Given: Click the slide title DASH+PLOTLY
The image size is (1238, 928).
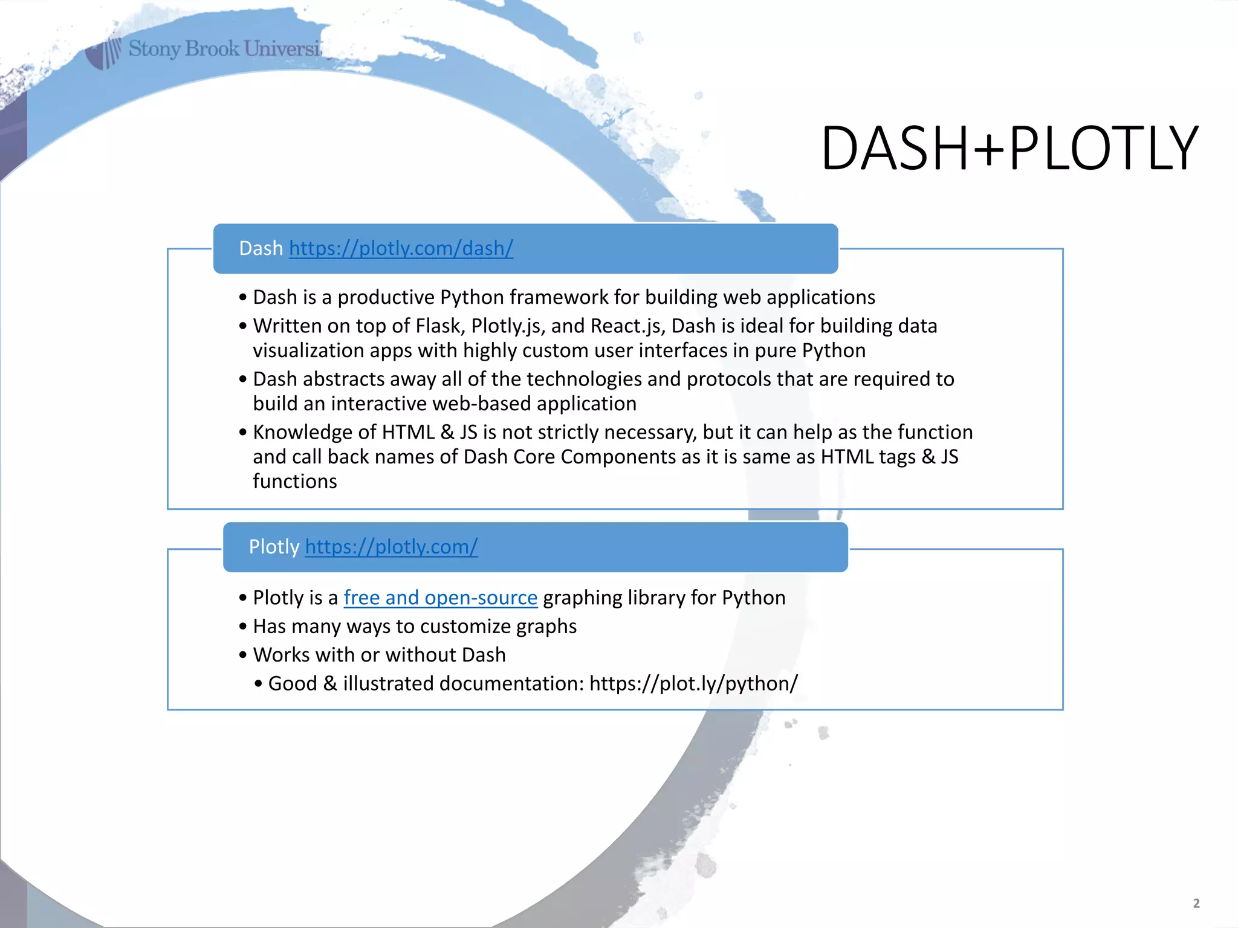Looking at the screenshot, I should pos(1009,149).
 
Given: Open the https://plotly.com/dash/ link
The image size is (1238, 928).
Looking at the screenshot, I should pos(401,248).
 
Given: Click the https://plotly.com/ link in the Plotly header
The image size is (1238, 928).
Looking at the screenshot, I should pos(391,547).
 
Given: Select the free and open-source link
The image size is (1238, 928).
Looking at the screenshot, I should pos(440,598).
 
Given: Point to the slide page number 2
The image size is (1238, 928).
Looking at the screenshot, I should pos(1196,903).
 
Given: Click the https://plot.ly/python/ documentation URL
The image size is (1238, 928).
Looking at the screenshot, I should pos(693,683).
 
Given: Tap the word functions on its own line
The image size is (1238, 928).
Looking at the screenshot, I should pos(294,482).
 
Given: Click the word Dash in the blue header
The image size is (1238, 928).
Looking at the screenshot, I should pos(261,248).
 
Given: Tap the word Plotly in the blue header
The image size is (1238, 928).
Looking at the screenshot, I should pos(274,547).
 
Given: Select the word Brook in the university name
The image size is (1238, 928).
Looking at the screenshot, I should pos(212,48).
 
